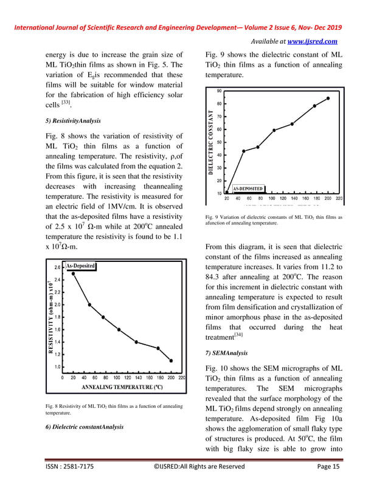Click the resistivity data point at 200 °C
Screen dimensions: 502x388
coord(171,360)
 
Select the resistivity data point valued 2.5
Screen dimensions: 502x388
coord(74,273)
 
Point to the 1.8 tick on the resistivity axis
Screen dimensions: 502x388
coord(57,317)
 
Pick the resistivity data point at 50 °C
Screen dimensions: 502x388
coord(89,304)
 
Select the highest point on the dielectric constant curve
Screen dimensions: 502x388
coord(328,98)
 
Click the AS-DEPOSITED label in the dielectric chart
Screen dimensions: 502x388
coord(248,188)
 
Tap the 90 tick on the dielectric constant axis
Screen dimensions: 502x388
coord(219,91)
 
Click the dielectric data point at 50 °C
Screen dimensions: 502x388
coord(244,151)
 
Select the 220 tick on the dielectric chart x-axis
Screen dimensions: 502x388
coord(339,198)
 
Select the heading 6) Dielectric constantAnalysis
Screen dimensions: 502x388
coord(85,427)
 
